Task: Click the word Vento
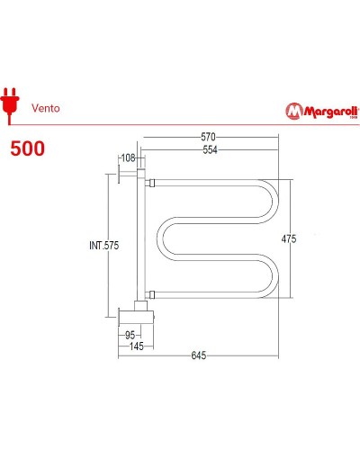point(46,104)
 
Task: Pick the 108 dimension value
point(128,159)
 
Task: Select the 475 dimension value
point(287,238)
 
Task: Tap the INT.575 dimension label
point(104,246)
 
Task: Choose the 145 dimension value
point(135,346)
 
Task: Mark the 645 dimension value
point(198,355)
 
